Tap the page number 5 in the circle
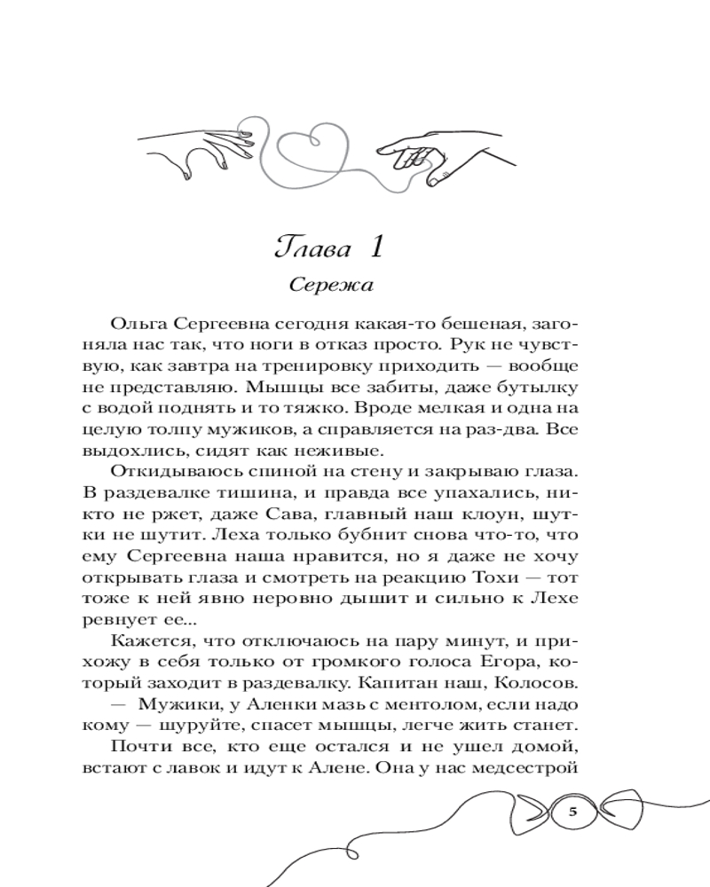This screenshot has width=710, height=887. (x=572, y=812)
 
